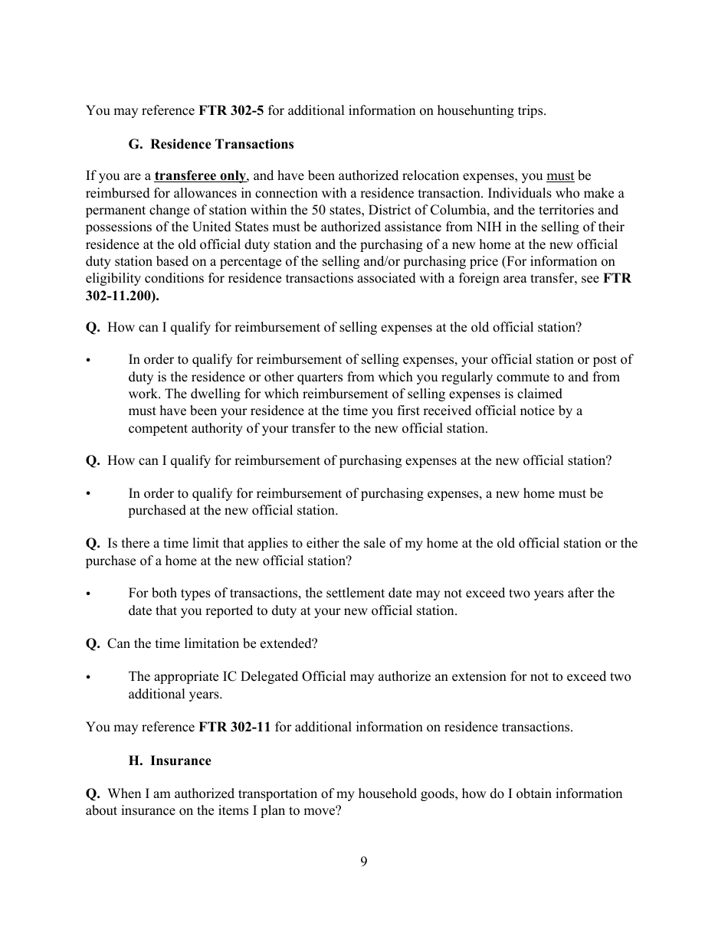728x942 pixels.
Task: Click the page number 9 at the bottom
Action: click(364, 862)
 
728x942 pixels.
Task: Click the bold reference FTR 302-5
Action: click(231, 110)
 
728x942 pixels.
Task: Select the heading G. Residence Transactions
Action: click(211, 144)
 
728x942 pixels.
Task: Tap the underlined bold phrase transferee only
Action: click(200, 176)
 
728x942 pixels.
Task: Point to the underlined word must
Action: click(560, 176)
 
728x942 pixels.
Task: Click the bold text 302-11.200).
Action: click(117, 295)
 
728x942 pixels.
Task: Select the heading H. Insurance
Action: click(169, 760)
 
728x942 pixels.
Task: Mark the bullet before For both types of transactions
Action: click(90, 594)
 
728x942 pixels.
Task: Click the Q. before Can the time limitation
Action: click(93, 643)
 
